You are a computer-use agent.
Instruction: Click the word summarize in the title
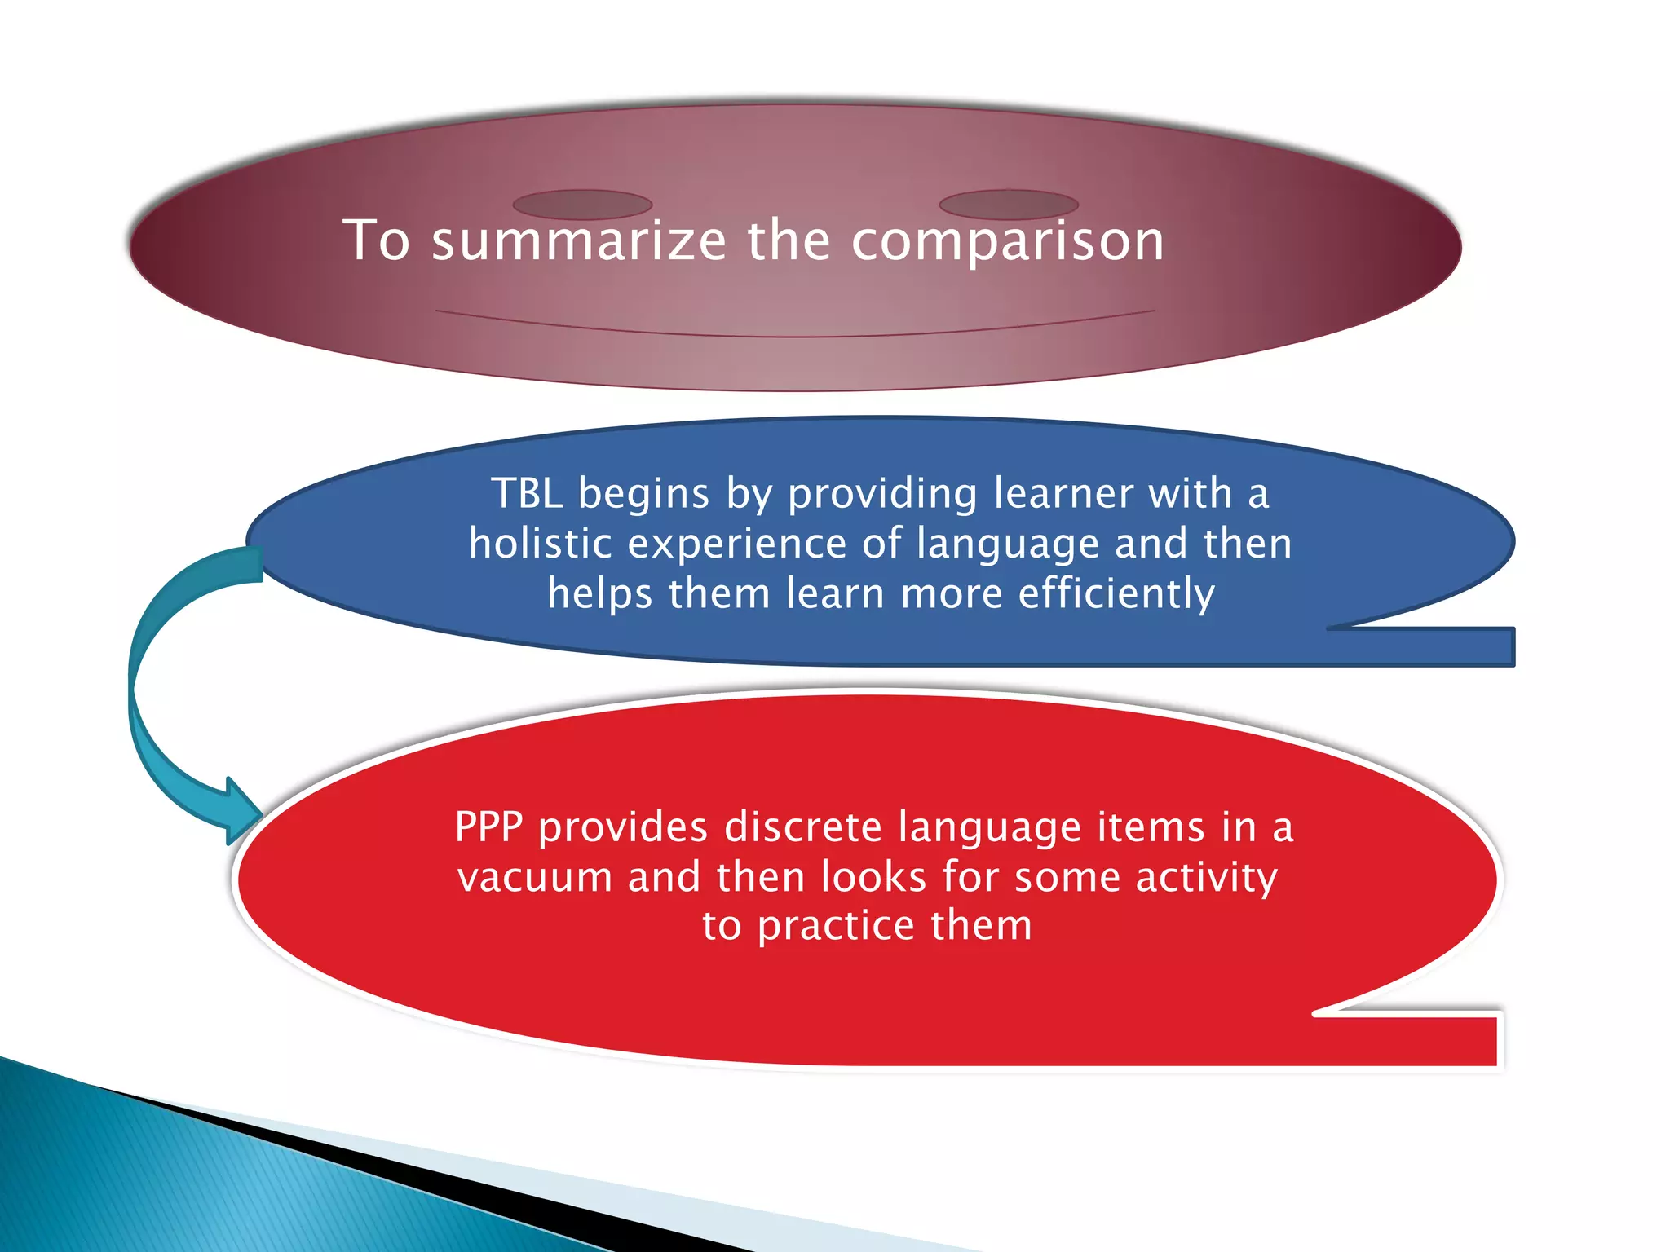[x=577, y=241]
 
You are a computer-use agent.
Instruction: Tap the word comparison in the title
[x=1008, y=241]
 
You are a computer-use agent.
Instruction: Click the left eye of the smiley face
[x=582, y=205]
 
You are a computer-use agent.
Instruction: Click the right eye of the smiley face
[x=1009, y=205]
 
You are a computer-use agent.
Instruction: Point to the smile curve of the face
[x=795, y=333]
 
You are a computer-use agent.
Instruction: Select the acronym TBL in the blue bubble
[x=526, y=494]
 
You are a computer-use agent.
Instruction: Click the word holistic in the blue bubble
[x=540, y=544]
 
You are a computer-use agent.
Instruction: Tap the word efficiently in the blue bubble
[x=1116, y=593]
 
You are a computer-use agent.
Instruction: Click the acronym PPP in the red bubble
[x=488, y=827]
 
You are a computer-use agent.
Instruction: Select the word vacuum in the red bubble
[x=535, y=878]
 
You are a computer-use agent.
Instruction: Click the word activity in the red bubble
[x=1206, y=878]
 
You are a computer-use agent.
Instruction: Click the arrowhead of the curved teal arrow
[x=243, y=812]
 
